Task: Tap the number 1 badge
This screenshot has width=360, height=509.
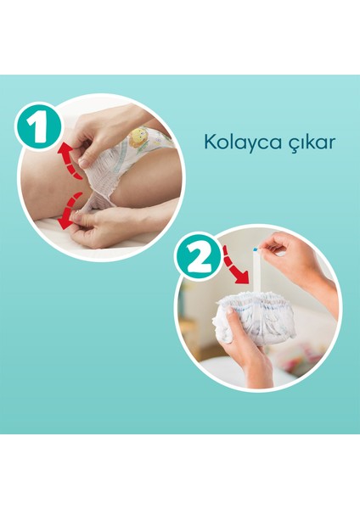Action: point(37,126)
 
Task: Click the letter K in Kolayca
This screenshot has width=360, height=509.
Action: point(209,141)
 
